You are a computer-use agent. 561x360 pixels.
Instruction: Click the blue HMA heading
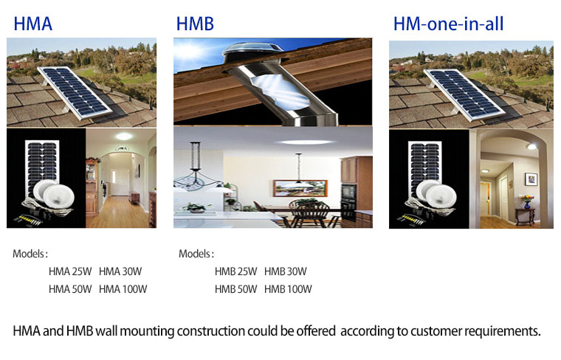(x=33, y=24)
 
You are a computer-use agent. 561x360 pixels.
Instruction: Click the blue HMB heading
(x=195, y=24)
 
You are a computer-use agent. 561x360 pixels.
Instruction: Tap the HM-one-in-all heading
(x=448, y=24)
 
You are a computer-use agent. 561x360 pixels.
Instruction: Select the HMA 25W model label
(x=70, y=271)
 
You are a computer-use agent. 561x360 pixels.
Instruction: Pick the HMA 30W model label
(x=120, y=271)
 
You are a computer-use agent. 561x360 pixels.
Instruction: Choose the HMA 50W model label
(x=70, y=289)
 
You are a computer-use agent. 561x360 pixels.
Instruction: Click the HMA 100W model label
(x=123, y=289)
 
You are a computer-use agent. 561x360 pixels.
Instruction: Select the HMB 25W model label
(x=235, y=271)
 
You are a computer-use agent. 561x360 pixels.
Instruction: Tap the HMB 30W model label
(x=286, y=271)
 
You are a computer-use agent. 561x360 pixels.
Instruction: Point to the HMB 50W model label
(x=235, y=289)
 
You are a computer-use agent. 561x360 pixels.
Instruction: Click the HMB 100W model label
(x=288, y=289)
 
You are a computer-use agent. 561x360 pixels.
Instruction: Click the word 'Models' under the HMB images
(x=195, y=254)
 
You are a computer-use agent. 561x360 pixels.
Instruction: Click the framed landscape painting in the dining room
(x=300, y=188)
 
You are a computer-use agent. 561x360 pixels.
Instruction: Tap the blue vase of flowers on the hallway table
(x=527, y=202)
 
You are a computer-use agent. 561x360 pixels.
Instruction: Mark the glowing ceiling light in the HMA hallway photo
(x=124, y=136)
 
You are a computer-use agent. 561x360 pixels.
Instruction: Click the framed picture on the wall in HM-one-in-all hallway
(x=531, y=179)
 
